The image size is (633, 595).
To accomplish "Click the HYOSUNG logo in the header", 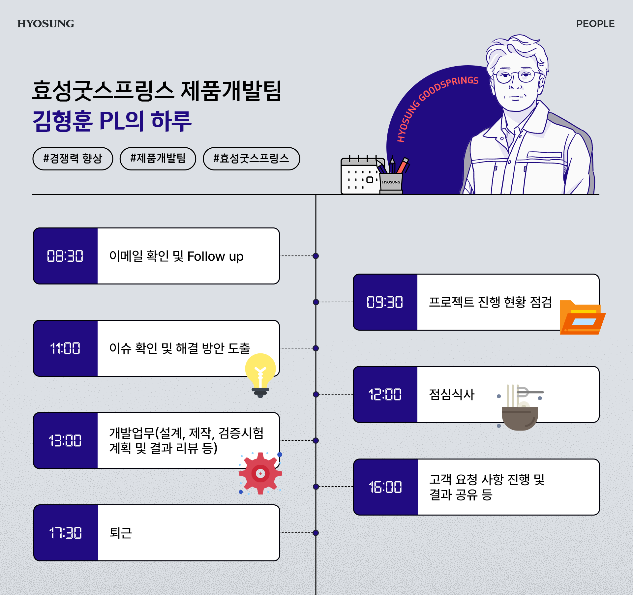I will click(46, 24).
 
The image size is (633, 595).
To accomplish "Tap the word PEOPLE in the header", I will click(595, 24).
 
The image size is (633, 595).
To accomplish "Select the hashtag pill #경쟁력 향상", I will click(73, 159).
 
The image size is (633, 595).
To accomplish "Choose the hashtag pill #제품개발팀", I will click(158, 159).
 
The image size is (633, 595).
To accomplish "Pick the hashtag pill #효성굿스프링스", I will click(251, 159).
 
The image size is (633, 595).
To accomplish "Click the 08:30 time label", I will click(65, 256).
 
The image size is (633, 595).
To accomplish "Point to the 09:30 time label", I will click(385, 302).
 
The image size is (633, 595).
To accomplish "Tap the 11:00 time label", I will click(65, 348).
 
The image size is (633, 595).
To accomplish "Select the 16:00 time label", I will click(385, 487).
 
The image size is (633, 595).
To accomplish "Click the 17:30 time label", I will click(65, 533).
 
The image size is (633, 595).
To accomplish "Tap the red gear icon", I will click(260, 473).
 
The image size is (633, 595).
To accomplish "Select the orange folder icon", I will click(582, 318).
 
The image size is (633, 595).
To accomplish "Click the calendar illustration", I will click(360, 176).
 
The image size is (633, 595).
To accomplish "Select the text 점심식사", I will click(451, 395).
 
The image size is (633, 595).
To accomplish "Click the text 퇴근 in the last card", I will click(121, 533).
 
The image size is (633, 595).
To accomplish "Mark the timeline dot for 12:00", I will click(316, 394).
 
